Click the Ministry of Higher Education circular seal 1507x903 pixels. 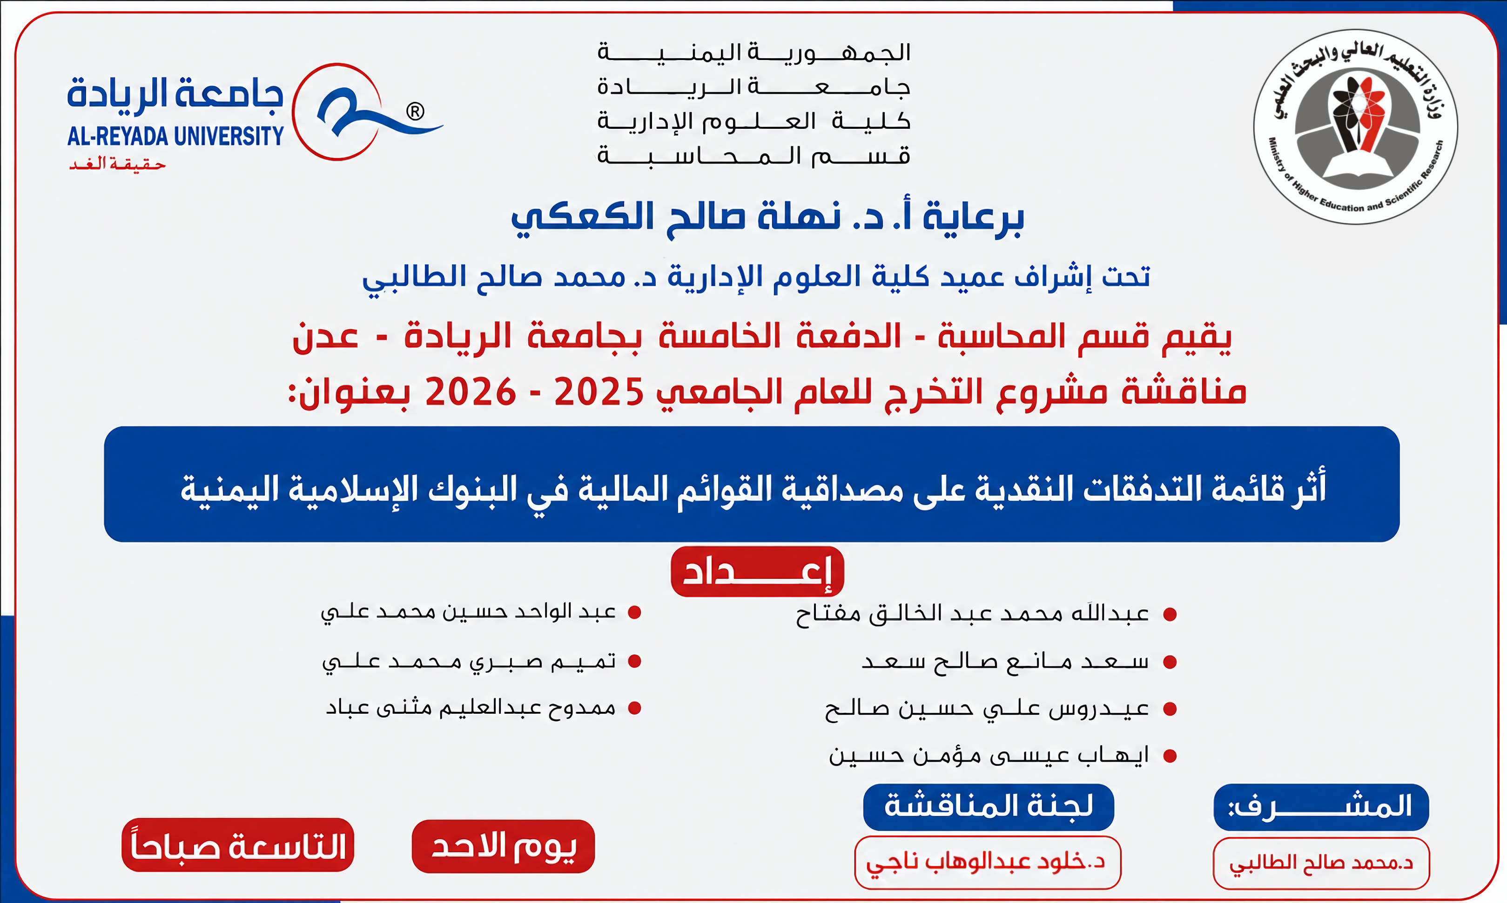pos(1355,126)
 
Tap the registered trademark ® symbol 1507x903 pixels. pos(415,111)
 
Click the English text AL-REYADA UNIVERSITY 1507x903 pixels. pos(175,136)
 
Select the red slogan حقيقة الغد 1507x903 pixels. pos(117,164)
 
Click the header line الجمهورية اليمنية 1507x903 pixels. pos(754,53)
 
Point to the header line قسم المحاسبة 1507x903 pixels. pos(754,156)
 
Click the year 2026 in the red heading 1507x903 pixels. pos(471,392)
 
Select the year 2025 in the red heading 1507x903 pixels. pos(599,392)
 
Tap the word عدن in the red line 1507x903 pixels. pos(326,337)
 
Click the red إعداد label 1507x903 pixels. pos(757,571)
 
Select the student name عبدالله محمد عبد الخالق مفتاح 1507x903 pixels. pos(972,614)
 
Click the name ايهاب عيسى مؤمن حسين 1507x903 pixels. pos(989,755)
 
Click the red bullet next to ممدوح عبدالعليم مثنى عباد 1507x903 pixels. pos(634,708)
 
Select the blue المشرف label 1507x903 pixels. pos(1321,807)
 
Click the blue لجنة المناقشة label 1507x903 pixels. pos(988,807)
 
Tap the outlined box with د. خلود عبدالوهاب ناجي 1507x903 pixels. pos(988,862)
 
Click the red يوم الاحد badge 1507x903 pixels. pos(503,846)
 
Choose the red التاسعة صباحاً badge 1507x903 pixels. pos(237,845)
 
